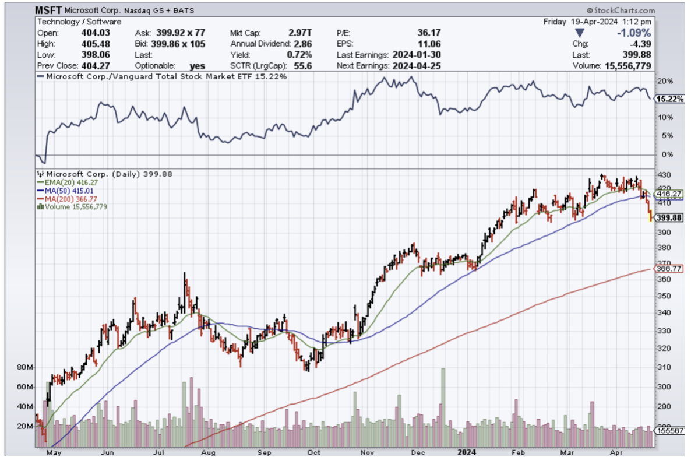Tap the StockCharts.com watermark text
[x=622, y=10]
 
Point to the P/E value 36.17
[x=429, y=33]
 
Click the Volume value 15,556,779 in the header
[x=629, y=66]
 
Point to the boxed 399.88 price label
[x=669, y=217]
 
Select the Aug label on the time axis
[x=208, y=451]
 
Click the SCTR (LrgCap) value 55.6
[x=303, y=66]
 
